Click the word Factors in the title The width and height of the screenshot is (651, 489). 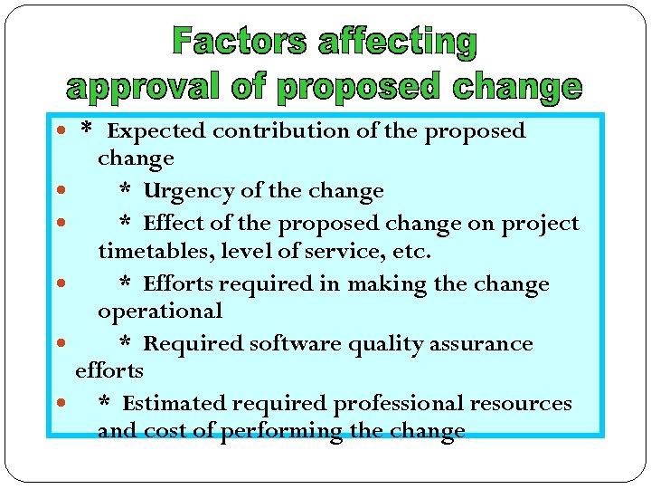pyautogui.click(x=240, y=42)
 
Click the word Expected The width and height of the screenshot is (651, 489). pyautogui.click(x=156, y=131)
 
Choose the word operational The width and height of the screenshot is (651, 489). pyautogui.click(x=159, y=312)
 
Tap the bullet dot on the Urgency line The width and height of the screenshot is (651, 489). pyautogui.click(x=60, y=191)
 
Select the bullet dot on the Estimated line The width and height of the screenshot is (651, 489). pyautogui.click(x=60, y=403)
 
